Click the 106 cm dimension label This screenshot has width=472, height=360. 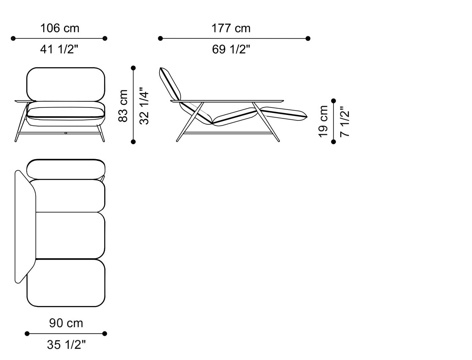[60, 28]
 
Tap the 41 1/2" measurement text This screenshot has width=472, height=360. [59, 50]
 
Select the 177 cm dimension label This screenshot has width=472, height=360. [231, 28]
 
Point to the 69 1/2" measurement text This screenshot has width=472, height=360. [231, 50]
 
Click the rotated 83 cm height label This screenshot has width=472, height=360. [123, 106]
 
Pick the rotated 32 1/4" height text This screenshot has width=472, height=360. [144, 106]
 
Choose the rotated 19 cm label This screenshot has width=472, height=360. [323, 121]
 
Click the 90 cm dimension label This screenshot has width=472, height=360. [66, 323]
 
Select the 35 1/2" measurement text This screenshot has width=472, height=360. [66, 344]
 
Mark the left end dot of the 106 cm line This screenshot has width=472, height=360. [13, 38]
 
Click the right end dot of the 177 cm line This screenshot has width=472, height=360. [308, 38]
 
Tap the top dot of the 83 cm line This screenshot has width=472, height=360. [134, 68]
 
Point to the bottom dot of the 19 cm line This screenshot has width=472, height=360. [333, 142]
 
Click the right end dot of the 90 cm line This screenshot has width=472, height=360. [105, 334]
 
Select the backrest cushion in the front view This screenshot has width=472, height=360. [66, 84]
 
